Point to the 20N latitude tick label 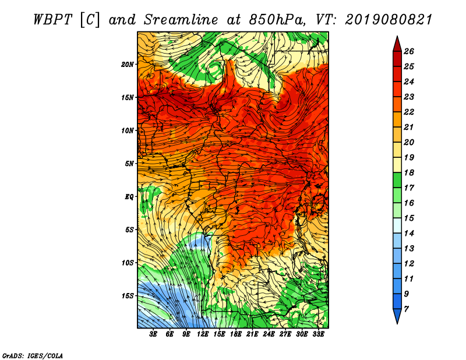(x=128, y=64)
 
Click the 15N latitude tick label (x=128, y=97)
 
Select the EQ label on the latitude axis (x=129, y=197)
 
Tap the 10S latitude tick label (x=128, y=263)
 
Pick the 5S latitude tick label (x=129, y=230)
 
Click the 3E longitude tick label (x=154, y=334)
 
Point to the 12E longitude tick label (x=203, y=334)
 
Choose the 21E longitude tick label (x=252, y=334)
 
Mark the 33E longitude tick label (x=318, y=334)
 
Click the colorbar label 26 (x=409, y=51)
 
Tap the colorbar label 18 (x=409, y=172)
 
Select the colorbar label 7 (x=407, y=309)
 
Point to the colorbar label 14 (x=409, y=233)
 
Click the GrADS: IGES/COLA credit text (x=32, y=355)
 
